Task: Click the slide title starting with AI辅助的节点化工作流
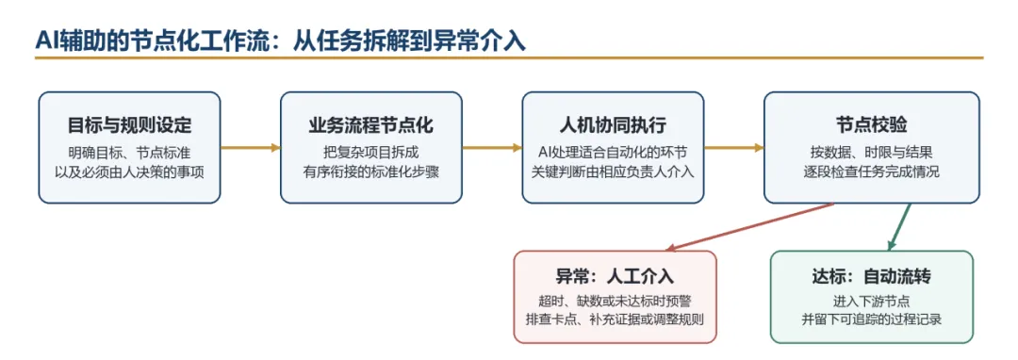[280, 40]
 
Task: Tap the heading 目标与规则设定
[129, 125]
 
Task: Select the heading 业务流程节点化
[370, 125]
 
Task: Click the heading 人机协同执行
[613, 125]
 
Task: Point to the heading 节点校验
[872, 125]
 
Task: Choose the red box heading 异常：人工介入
[615, 276]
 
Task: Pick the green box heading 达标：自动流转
[871, 276]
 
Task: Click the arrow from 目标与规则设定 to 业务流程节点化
[250, 148]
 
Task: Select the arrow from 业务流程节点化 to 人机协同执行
[492, 148]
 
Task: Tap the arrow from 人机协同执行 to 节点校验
[734, 148]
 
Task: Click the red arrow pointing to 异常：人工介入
[750, 226]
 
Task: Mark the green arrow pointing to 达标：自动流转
[899, 226]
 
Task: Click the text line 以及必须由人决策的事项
[129, 172]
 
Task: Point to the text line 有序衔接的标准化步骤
[371, 172]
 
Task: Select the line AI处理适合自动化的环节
[613, 153]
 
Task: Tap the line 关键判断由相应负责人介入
[613, 172]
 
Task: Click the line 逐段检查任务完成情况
[872, 172]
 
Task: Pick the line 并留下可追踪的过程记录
[871, 319]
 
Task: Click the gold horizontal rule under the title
[509, 58]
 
